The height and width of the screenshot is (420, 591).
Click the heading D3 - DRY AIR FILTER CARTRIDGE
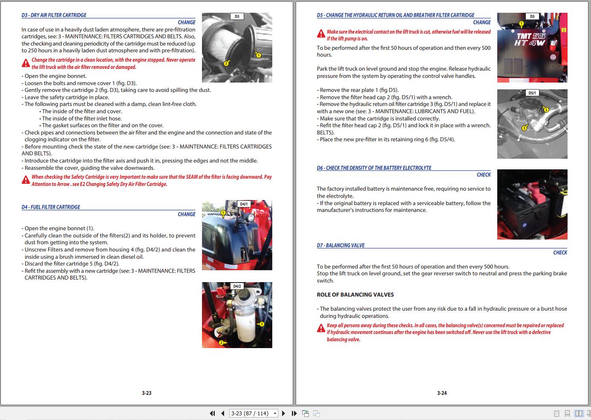tap(54, 15)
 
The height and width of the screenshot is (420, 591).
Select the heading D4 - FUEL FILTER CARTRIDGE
tap(51, 207)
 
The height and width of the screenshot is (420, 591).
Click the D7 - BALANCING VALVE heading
tap(340, 246)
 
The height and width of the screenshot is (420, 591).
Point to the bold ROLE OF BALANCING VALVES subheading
tap(355, 294)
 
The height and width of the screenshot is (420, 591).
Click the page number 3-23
tap(147, 393)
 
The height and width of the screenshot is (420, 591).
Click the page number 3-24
tap(442, 393)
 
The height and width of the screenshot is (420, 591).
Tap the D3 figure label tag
tap(237, 17)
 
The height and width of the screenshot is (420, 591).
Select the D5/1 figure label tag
tap(532, 93)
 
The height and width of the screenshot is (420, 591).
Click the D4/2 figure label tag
tap(237, 286)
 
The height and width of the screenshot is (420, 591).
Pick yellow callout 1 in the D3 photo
tap(258, 54)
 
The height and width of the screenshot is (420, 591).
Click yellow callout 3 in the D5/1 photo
tap(524, 128)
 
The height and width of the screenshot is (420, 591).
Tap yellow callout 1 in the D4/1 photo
tap(223, 212)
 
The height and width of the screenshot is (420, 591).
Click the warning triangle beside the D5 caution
tap(321, 34)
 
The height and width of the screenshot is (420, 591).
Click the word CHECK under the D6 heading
tap(484, 175)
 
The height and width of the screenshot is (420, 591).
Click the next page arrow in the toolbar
tap(284, 413)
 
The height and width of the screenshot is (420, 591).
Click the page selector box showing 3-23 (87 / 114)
tap(254, 413)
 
